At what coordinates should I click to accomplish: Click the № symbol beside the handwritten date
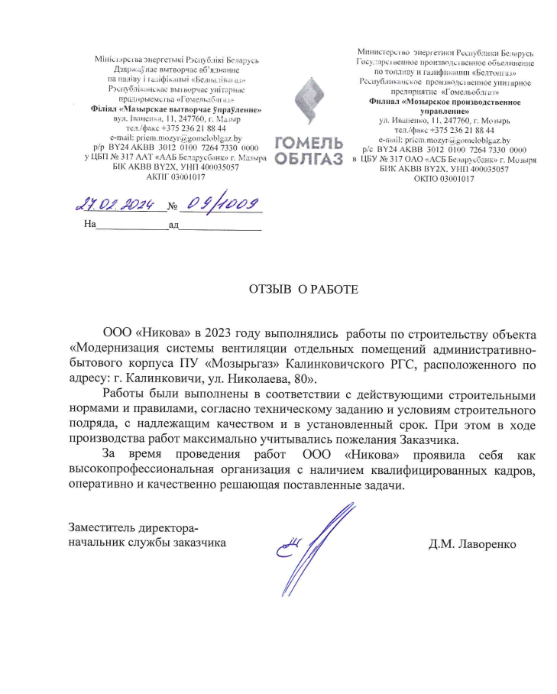pos(172,206)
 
